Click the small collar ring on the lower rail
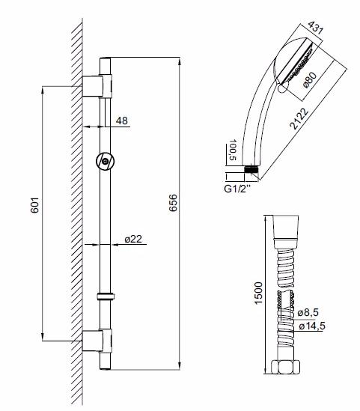106,296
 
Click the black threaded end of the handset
256,168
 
